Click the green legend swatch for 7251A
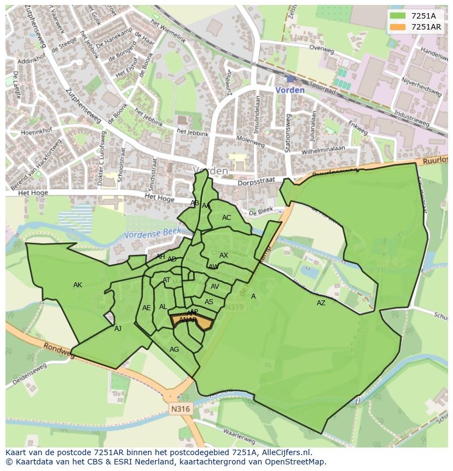pyautogui.click(x=397, y=16)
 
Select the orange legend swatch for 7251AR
pyautogui.click(x=397, y=27)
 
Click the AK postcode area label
pyautogui.click(x=78, y=285)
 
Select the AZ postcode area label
pyautogui.click(x=321, y=303)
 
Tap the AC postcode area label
pyautogui.click(x=226, y=218)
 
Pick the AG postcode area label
pyautogui.click(x=174, y=350)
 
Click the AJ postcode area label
pyautogui.click(x=118, y=329)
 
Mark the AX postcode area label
pyautogui.click(x=224, y=255)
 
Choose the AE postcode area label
pyautogui.click(x=146, y=308)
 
